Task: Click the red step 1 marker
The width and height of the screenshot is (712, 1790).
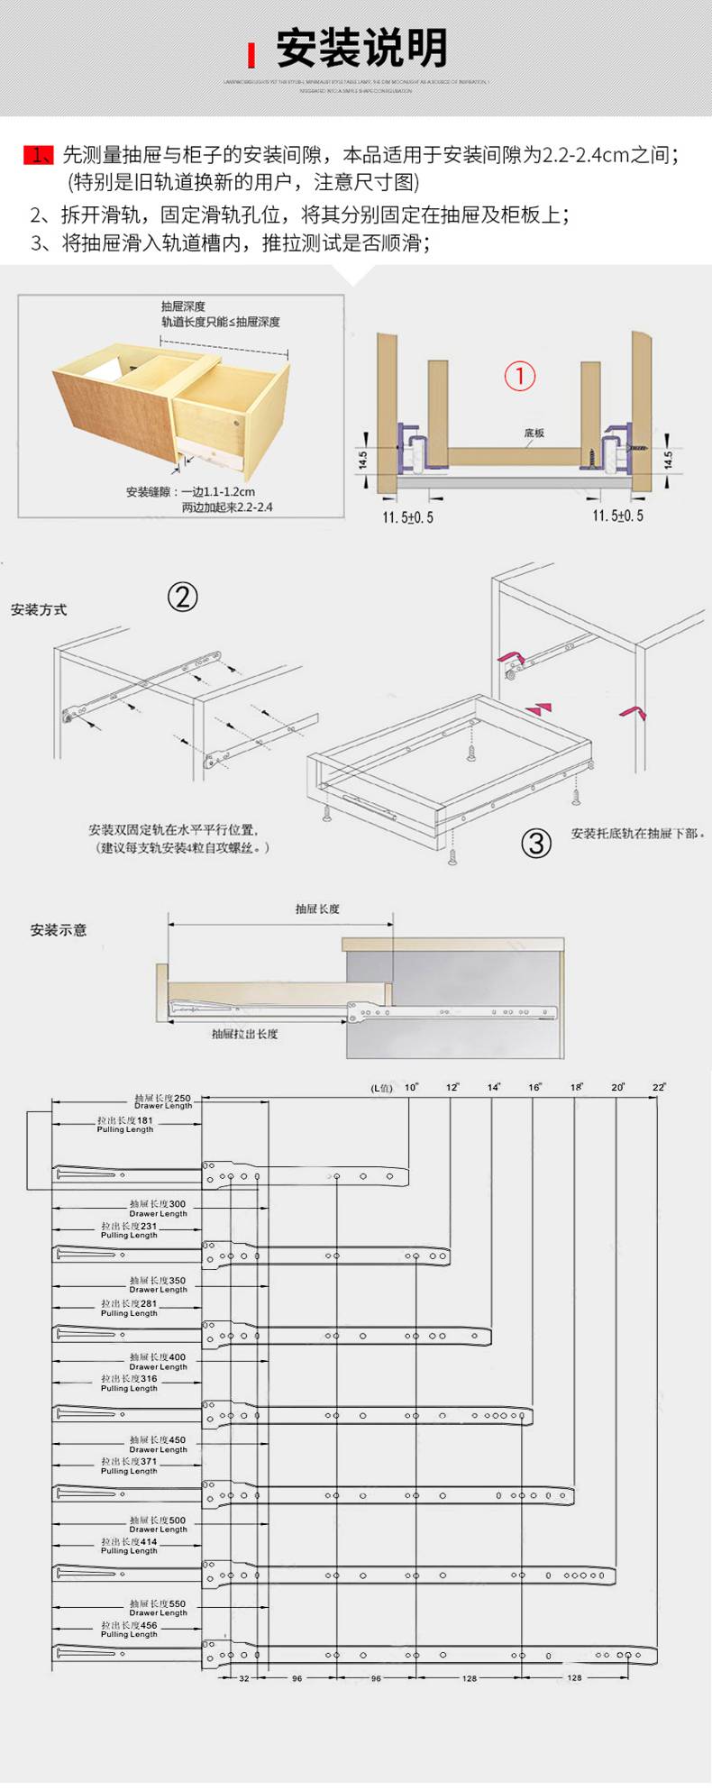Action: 38,155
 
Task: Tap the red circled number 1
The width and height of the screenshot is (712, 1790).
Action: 519,376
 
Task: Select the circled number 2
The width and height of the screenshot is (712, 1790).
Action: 182,597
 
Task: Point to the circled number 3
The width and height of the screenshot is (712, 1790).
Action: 536,843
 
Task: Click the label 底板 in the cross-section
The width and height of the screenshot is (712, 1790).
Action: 534,434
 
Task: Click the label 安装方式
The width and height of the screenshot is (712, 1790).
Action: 39,610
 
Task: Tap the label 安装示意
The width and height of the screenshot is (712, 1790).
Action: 59,930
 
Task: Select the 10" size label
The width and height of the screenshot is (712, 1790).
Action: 412,1087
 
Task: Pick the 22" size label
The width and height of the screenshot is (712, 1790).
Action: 659,1087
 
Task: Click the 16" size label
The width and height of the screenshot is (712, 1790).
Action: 534,1087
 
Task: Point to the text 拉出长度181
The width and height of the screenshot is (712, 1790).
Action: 125,1120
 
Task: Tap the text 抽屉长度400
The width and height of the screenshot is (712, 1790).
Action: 158,1357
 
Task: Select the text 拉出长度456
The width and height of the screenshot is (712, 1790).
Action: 129,1625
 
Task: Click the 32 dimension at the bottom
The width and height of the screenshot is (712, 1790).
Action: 244,1678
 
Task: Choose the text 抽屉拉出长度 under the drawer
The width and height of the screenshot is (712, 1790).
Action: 244,1034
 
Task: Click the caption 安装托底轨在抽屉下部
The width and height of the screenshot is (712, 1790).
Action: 637,834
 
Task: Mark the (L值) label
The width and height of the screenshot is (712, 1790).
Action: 382,1088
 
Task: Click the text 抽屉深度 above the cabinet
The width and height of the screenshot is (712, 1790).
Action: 183,306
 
